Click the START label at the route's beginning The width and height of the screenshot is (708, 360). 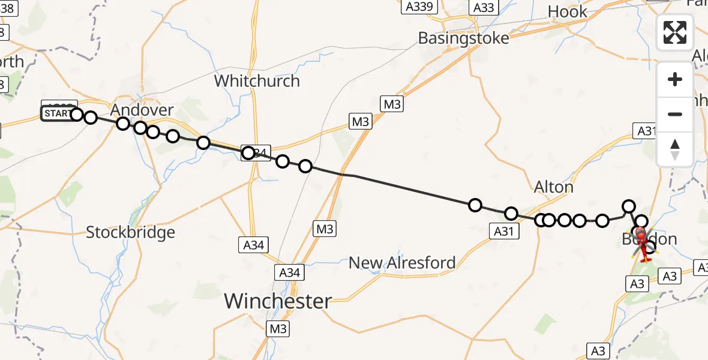pyautogui.click(x=57, y=113)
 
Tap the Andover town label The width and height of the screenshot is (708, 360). pyautogui.click(x=142, y=110)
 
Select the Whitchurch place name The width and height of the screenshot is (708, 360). pyautogui.click(x=257, y=80)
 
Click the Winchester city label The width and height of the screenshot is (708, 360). pyautogui.click(x=278, y=301)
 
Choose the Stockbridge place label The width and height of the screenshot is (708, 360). pyautogui.click(x=130, y=232)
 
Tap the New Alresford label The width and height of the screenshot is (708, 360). pyautogui.click(x=402, y=263)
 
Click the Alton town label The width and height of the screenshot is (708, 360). pyautogui.click(x=553, y=187)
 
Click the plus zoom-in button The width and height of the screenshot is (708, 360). pyautogui.click(x=675, y=79)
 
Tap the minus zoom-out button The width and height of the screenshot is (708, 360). pyautogui.click(x=675, y=114)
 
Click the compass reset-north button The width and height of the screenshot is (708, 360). pyautogui.click(x=675, y=149)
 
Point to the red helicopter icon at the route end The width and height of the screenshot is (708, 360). pyautogui.click(x=643, y=245)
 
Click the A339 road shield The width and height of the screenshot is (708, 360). pyautogui.click(x=419, y=7)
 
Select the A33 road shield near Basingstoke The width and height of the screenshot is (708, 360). pyautogui.click(x=484, y=7)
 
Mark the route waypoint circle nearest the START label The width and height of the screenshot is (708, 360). pyautogui.click(x=77, y=114)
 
